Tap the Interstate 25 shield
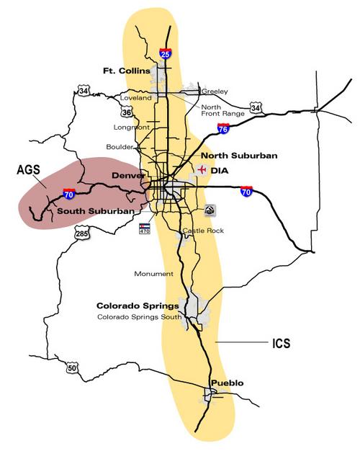[x=166, y=52]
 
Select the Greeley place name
[x=215, y=92]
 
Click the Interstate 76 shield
[x=224, y=129]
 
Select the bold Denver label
[x=128, y=175]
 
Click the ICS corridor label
[x=282, y=344]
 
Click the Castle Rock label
[x=203, y=231]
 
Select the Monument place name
[x=153, y=274]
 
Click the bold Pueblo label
[x=227, y=383]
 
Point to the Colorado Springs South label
[x=138, y=317]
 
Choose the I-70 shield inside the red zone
[x=68, y=195]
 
